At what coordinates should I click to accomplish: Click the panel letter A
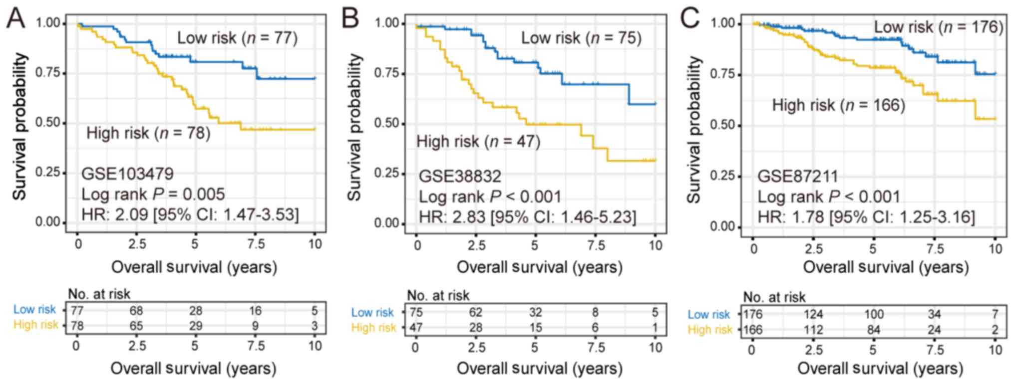15,19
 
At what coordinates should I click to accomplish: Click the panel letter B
350,19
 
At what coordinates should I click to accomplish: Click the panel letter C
690,19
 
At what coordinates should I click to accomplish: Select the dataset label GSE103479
127,174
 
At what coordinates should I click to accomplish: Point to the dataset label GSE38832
459,176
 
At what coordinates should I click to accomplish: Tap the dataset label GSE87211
797,176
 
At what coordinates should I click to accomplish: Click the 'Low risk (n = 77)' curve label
237,38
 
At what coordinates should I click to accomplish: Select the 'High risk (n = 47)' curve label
478,142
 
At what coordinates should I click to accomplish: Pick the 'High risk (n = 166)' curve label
838,105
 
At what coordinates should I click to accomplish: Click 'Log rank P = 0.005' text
153,194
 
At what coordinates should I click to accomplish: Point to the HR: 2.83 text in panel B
527,217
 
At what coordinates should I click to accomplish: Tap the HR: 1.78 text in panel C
866,217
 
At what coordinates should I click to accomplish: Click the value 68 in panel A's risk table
136,311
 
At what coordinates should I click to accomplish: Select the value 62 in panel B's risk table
475,313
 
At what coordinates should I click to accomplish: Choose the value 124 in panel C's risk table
813,315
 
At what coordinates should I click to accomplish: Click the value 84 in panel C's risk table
873,330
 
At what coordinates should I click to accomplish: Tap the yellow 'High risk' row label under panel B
373,328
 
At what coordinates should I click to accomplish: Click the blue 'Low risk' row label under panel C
708,315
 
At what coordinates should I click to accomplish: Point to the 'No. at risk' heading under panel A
99,294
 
